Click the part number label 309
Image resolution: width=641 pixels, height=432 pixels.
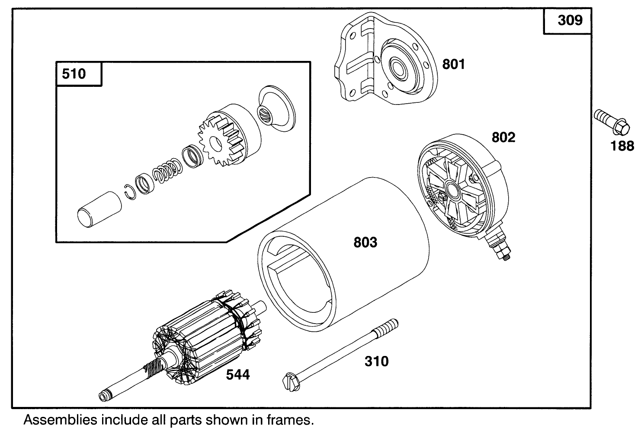pos(570,21)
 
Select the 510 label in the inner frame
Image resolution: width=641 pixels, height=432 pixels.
pos(74,74)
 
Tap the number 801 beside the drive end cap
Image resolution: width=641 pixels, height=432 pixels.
pos(453,64)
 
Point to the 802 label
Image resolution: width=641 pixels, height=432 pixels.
pos(503,137)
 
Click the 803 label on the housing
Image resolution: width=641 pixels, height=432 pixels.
pos(365,243)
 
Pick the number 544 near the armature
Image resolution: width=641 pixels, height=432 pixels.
pos(238,375)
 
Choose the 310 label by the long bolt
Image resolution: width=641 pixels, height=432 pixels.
pos(376,361)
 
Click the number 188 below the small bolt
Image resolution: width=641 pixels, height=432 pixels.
pos(622,146)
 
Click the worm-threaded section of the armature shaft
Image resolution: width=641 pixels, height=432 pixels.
pos(152,370)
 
